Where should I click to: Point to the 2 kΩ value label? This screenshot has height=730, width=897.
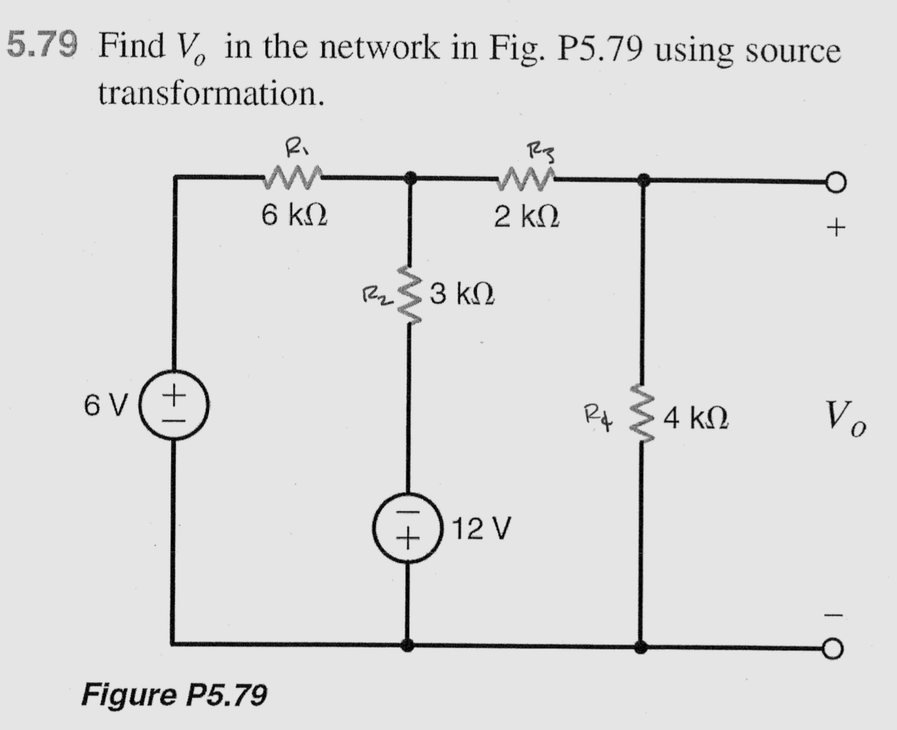526,217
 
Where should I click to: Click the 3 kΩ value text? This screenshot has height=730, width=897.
462,295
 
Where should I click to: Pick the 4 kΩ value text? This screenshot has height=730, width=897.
696,418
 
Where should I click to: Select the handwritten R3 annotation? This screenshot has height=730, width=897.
539,154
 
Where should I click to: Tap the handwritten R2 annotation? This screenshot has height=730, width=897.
376,297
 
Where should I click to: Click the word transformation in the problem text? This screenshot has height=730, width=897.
211,94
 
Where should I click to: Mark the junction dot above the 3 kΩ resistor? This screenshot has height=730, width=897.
410,178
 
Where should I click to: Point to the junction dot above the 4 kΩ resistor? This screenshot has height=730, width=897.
643,180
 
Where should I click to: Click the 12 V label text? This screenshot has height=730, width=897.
482,528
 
